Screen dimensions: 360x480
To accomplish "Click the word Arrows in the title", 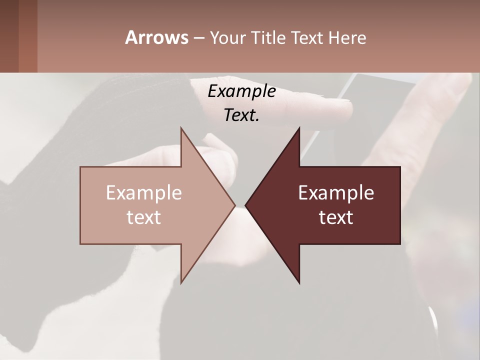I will (156, 37).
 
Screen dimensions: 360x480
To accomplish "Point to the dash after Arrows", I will (198, 38).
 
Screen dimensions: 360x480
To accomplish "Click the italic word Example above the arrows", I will (241, 91).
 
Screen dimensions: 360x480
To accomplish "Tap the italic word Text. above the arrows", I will (241, 115).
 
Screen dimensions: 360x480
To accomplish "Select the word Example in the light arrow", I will (144, 193).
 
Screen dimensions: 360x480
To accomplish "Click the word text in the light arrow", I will (144, 217).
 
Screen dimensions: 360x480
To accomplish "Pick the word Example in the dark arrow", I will (336, 193).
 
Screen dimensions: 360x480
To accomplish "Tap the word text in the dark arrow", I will (336, 217).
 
